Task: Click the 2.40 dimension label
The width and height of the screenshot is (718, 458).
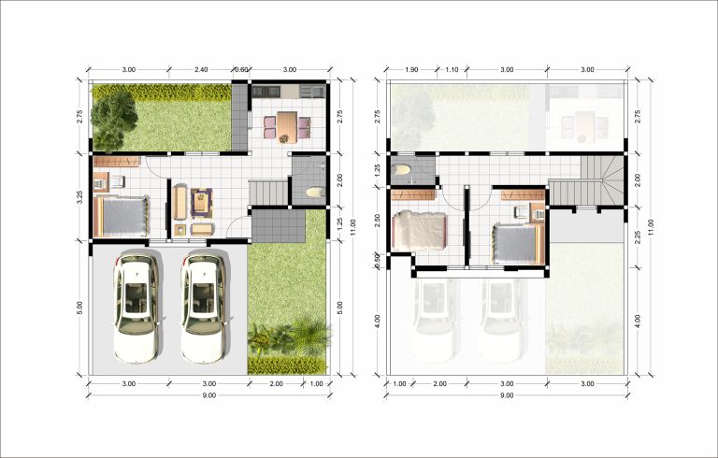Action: (x=201, y=69)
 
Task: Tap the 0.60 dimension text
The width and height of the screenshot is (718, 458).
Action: (x=241, y=69)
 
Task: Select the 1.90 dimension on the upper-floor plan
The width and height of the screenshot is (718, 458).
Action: (x=411, y=69)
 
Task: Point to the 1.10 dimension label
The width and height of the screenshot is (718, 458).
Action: (x=452, y=69)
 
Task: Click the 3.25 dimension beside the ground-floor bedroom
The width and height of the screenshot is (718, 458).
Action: (x=79, y=196)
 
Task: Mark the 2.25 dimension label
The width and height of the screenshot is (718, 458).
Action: (x=638, y=236)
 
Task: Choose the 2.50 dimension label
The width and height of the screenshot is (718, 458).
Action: (x=378, y=221)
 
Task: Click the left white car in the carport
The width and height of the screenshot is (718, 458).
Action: (x=136, y=306)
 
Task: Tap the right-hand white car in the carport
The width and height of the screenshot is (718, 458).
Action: (x=204, y=306)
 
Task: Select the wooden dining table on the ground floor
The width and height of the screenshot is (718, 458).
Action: (x=287, y=127)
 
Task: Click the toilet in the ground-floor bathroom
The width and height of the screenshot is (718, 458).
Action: (x=314, y=193)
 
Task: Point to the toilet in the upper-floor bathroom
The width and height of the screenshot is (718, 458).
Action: (x=401, y=170)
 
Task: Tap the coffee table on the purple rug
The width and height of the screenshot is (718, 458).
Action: (x=201, y=203)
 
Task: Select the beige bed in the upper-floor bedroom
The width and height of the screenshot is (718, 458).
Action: (x=419, y=230)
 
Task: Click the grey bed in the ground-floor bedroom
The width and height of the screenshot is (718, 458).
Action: (x=122, y=217)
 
